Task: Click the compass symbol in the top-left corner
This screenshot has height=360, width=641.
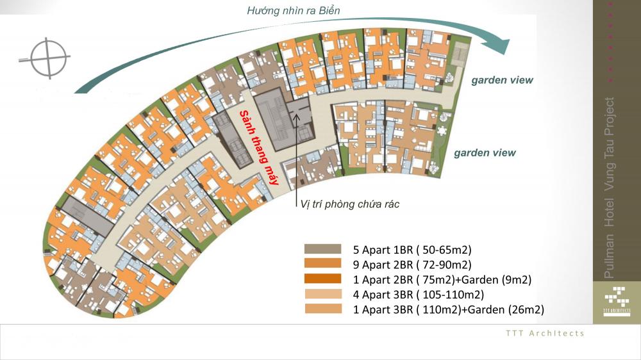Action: pyautogui.click(x=48, y=58)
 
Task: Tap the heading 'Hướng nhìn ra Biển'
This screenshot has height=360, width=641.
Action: pyautogui.click(x=293, y=11)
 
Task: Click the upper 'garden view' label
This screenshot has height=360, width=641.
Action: pyautogui.click(x=502, y=81)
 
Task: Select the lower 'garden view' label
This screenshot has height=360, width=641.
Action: pyautogui.click(x=485, y=153)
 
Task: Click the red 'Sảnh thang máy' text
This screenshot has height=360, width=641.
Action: pyautogui.click(x=259, y=147)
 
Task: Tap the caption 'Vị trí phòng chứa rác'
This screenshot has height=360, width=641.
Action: pyautogui.click(x=349, y=204)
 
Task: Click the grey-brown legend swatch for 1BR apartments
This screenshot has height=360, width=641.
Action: pyautogui.click(x=322, y=249)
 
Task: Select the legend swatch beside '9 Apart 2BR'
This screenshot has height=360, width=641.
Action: pyautogui.click(x=322, y=263)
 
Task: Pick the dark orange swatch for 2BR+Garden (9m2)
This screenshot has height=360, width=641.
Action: pyautogui.click(x=322, y=278)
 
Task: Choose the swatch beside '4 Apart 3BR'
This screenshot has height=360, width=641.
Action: pyautogui.click(x=323, y=294)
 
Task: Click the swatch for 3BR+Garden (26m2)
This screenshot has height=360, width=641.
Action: pyautogui.click(x=323, y=309)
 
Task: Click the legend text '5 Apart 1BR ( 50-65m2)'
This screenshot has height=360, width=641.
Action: pyautogui.click(x=412, y=250)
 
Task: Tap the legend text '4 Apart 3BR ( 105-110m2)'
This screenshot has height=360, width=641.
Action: pyautogui.click(x=418, y=295)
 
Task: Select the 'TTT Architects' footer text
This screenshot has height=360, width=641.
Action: pyautogui.click(x=545, y=334)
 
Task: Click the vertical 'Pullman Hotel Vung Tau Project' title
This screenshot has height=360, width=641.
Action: pyautogui.click(x=609, y=188)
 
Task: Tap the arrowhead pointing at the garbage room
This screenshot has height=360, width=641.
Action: pyautogui.click(x=296, y=117)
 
